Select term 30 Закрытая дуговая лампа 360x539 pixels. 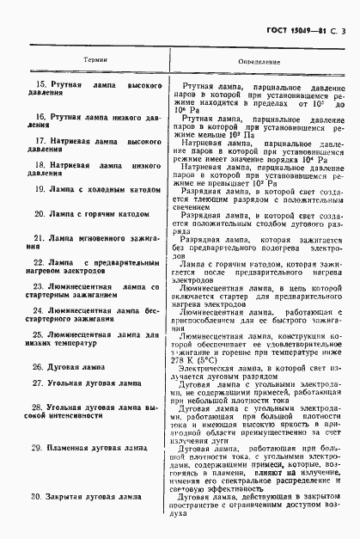[91, 497]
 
